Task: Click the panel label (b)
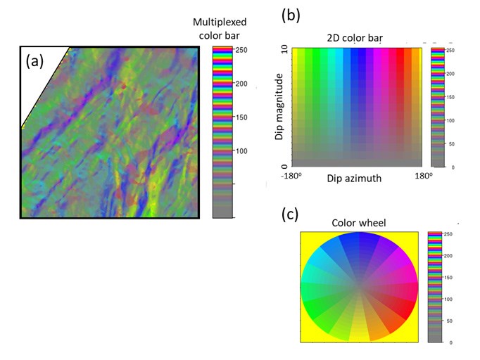tap(291, 14)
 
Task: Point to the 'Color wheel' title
tap(359, 224)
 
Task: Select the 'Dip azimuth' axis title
tap(354, 179)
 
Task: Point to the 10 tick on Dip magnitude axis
tap(284, 49)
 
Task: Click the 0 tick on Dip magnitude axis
tap(284, 166)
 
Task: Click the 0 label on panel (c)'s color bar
tap(450, 342)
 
